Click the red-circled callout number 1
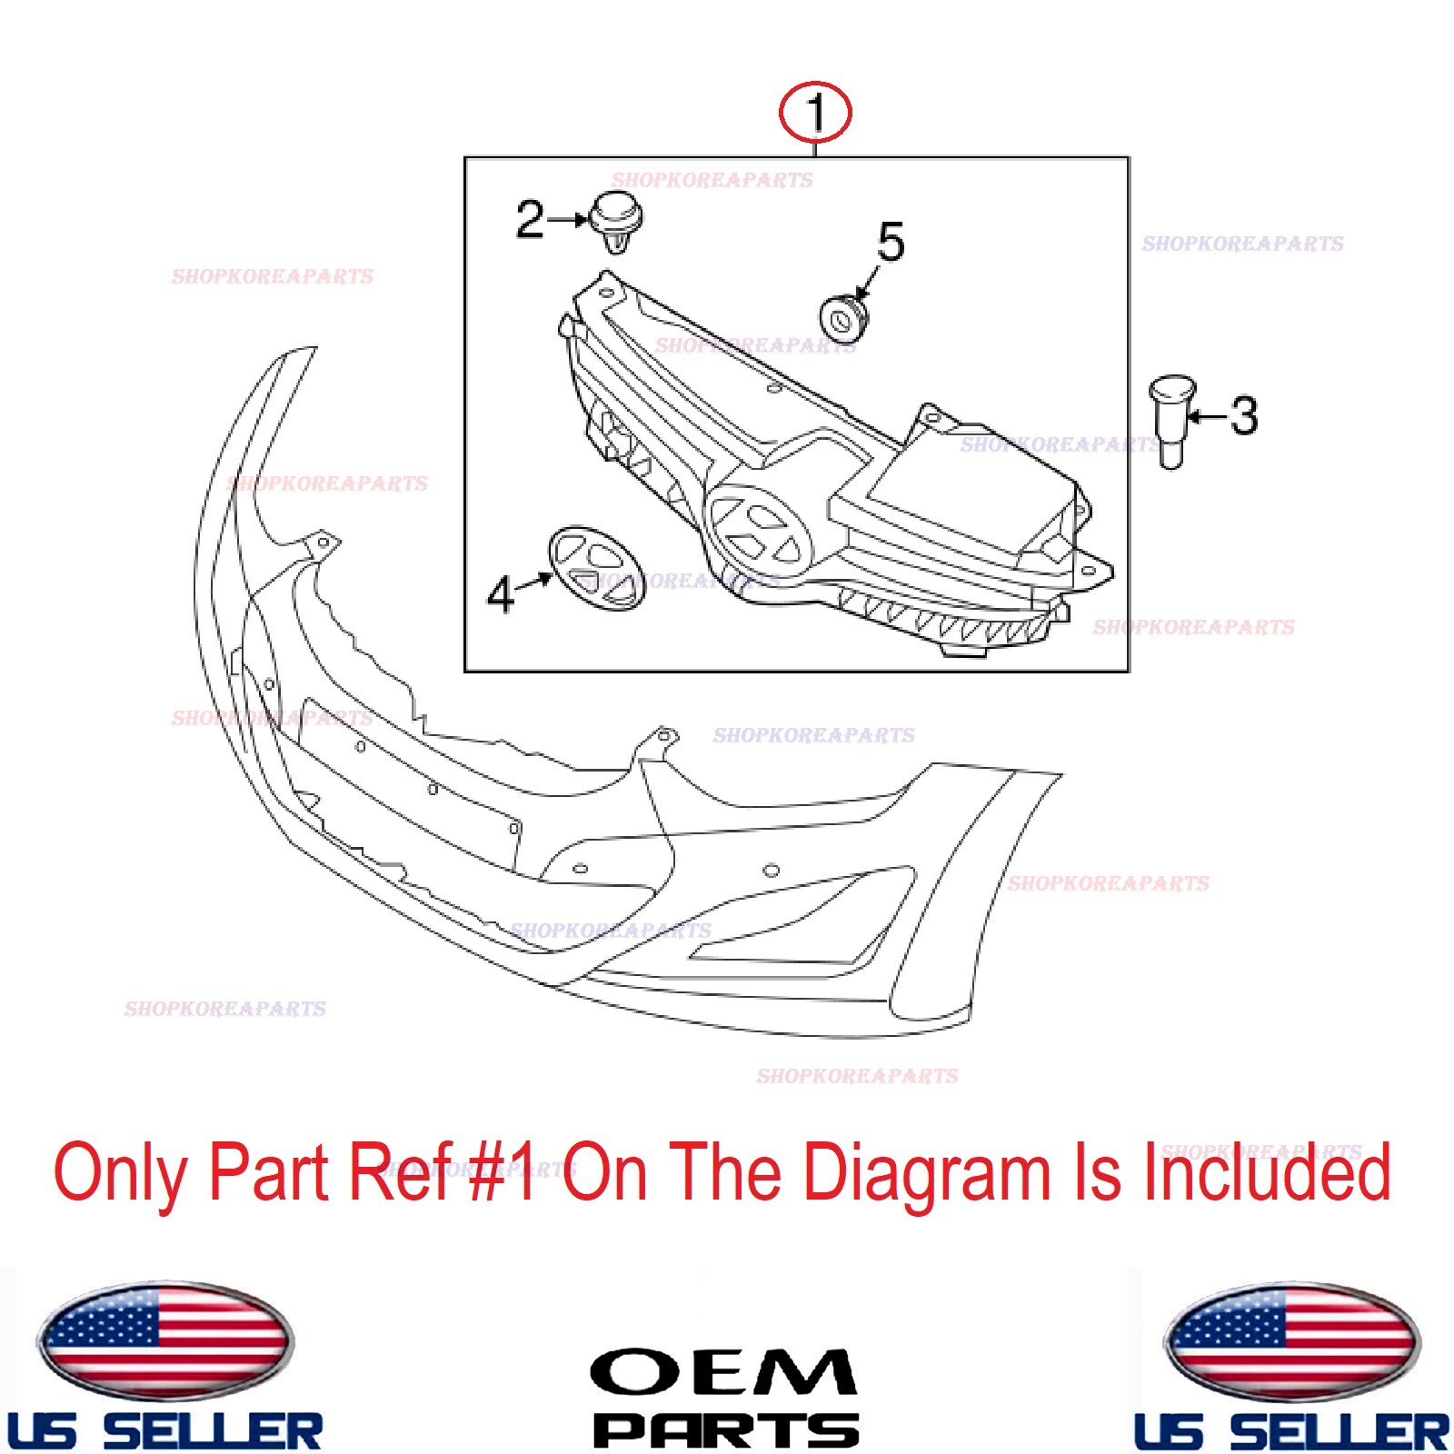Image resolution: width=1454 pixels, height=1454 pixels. point(815,114)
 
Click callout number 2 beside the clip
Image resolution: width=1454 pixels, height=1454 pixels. point(530,220)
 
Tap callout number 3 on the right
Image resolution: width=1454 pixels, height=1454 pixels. point(1244,416)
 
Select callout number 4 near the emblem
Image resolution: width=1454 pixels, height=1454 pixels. point(501,595)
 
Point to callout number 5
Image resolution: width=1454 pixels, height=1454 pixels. point(891,242)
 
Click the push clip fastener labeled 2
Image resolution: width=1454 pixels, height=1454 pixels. point(617,223)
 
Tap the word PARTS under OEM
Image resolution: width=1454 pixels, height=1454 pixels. point(726,1430)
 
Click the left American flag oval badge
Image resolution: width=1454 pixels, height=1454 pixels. point(164,1341)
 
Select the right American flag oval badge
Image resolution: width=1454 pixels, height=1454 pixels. point(1291,1341)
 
